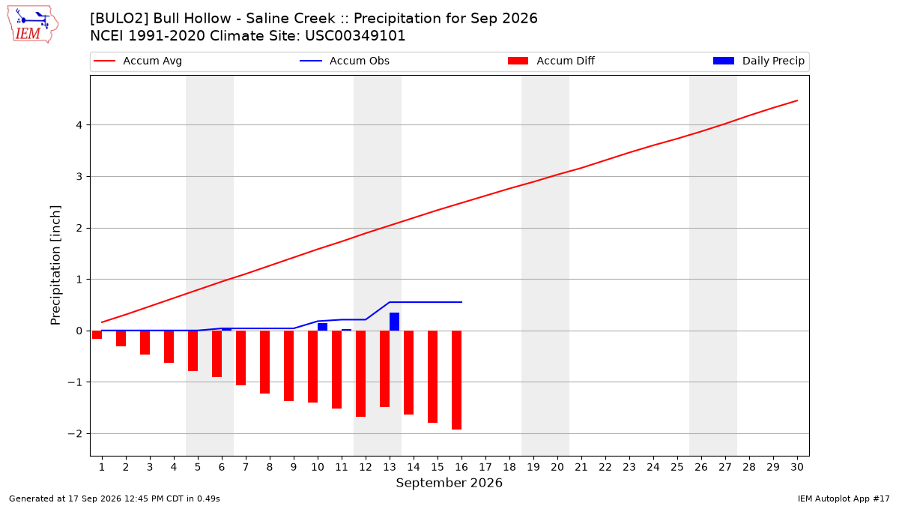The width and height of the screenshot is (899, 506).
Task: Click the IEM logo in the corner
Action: [33, 25]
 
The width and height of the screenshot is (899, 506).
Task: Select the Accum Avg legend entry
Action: [138, 61]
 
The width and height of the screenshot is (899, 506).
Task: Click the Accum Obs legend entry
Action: [345, 61]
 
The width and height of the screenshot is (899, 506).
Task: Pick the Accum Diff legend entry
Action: [551, 61]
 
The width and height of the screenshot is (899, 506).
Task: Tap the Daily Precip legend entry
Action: [758, 61]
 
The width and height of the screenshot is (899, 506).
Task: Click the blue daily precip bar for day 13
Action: [394, 322]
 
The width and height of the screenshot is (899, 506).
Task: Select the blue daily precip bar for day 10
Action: [322, 327]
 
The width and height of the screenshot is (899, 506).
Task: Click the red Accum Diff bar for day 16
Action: [456, 380]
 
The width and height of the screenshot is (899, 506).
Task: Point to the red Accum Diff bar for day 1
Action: [97, 334]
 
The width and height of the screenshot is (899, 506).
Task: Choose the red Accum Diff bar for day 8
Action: [264, 362]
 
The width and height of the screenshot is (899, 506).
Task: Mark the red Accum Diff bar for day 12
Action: [360, 373]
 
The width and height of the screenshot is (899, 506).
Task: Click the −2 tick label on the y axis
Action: [75, 434]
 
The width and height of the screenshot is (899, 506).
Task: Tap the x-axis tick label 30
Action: [797, 467]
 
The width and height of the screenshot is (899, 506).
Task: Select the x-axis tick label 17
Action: [485, 467]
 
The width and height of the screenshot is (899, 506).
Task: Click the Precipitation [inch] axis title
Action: [55, 265]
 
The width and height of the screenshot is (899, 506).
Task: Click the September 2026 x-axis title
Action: [449, 483]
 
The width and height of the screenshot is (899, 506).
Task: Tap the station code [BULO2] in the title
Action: [119, 19]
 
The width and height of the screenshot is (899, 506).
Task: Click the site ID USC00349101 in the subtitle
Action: [355, 36]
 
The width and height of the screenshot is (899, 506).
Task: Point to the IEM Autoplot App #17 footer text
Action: [844, 499]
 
